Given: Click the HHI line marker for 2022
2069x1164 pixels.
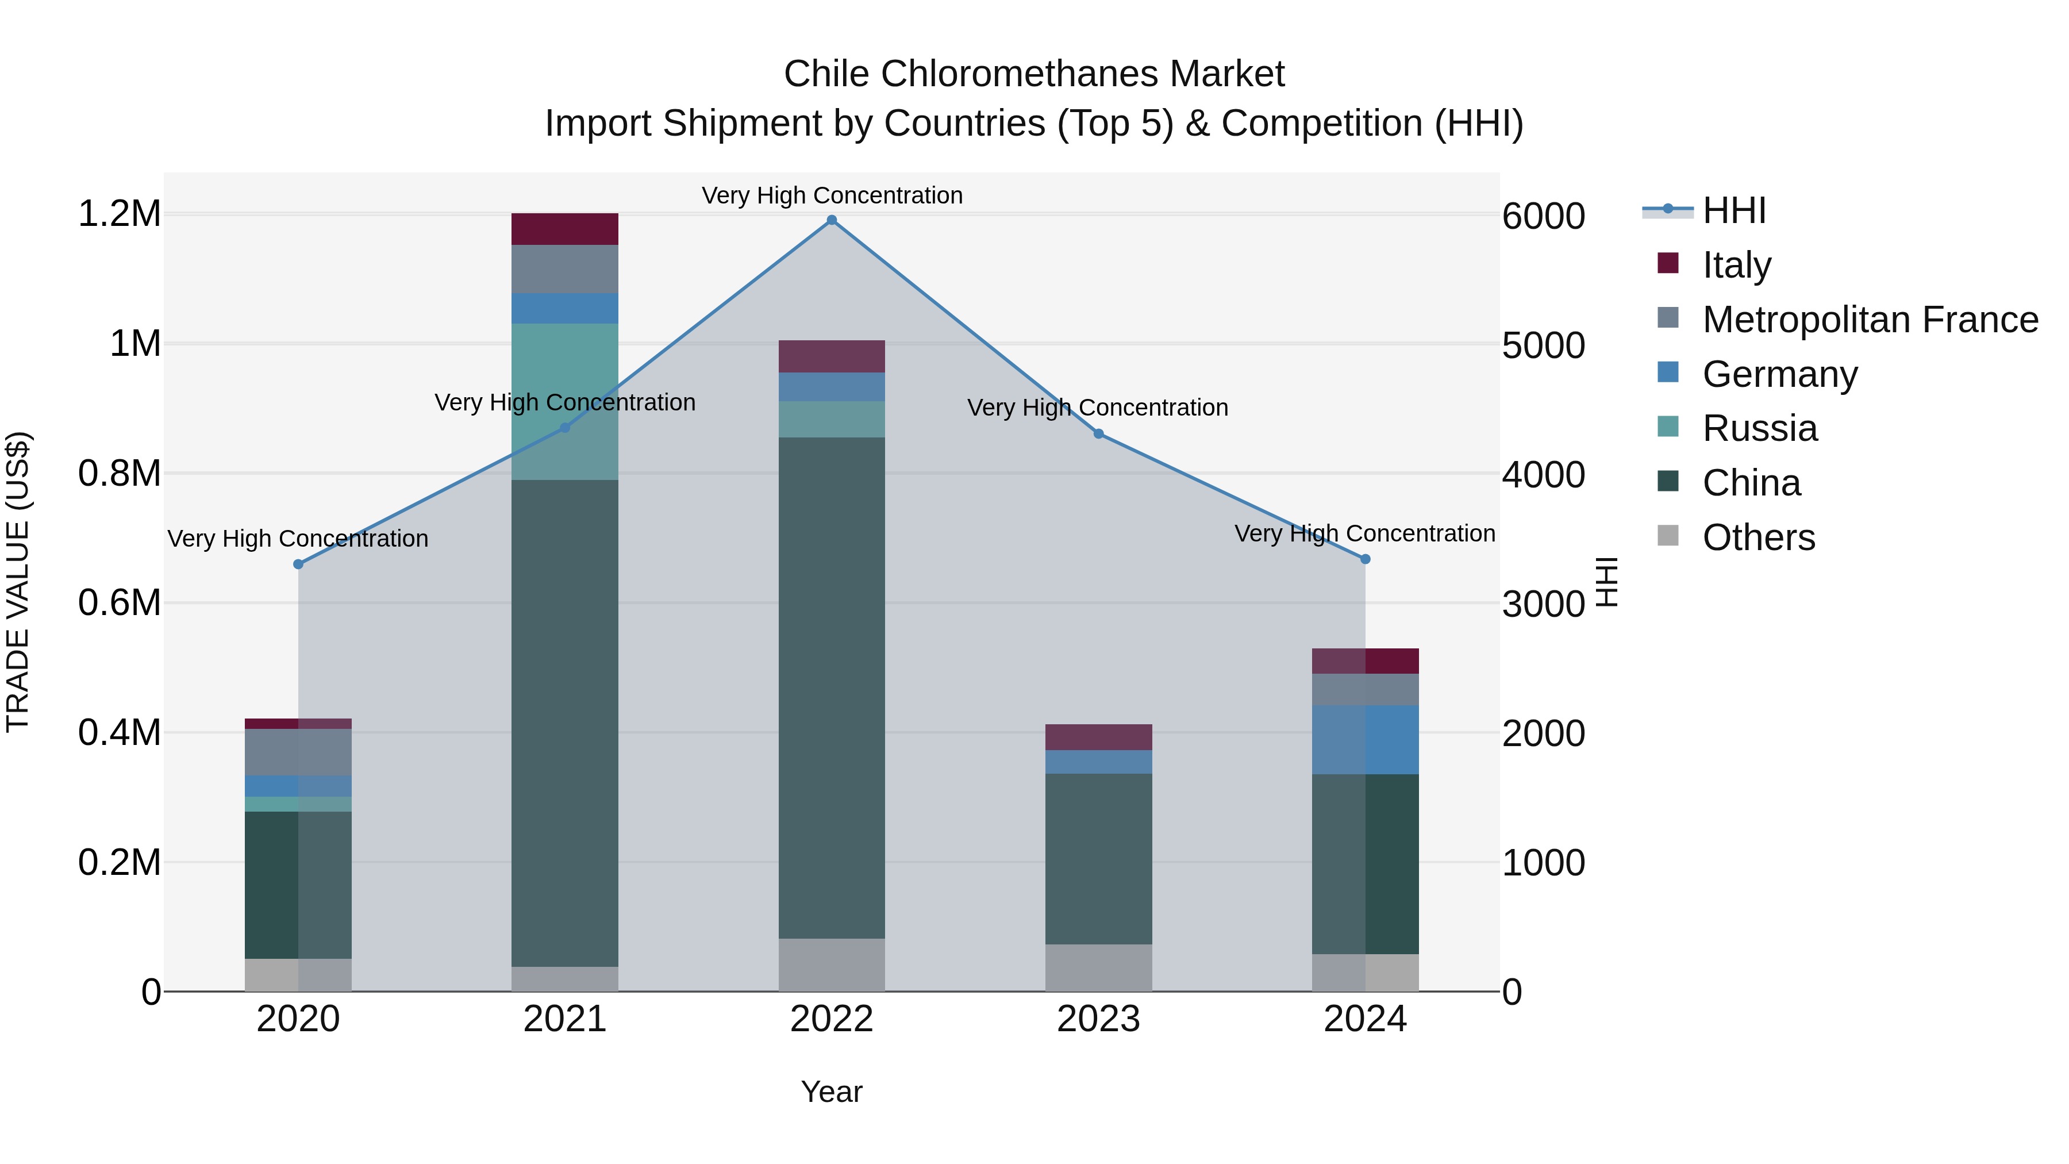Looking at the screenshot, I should tap(831, 220).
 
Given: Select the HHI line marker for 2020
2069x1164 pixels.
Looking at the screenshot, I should tap(298, 564).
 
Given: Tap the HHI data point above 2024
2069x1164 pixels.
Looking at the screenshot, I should tap(1364, 559).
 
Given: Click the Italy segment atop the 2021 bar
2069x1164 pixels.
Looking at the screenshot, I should tap(564, 229).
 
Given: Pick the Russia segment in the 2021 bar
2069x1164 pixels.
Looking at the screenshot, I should tap(564, 402).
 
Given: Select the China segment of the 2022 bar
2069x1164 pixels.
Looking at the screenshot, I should tap(831, 687).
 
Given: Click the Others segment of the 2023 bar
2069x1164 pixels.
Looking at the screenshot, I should tap(1098, 967).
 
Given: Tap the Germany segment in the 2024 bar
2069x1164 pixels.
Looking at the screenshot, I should tap(1364, 740).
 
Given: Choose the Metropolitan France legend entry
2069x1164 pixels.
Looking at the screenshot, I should tap(1869, 320).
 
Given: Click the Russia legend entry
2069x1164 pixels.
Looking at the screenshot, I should tap(1759, 428).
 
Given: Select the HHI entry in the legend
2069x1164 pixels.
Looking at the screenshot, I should tap(1733, 210).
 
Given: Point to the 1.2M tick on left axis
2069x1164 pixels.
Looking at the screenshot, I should tap(119, 214).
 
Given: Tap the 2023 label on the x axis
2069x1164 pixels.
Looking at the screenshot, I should tap(1098, 1019).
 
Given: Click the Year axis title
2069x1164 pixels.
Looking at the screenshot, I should tap(831, 1092).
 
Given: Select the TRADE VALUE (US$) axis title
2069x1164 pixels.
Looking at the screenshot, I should tap(18, 582).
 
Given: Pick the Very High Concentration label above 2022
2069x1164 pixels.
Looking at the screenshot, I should tap(831, 195).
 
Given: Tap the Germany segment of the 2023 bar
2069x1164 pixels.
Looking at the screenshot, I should tap(1098, 762).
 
